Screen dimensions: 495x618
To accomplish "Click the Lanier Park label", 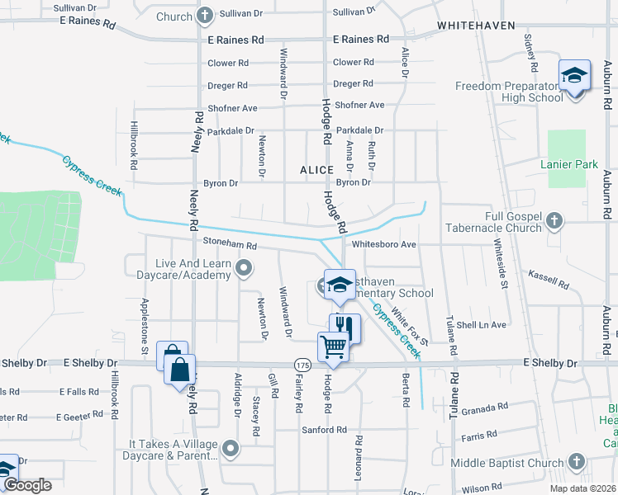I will (568, 164).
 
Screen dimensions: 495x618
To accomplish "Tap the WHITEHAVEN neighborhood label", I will (476, 26).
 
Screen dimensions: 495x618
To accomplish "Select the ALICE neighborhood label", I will (316, 169).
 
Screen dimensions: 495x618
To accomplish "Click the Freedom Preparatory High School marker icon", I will (574, 77).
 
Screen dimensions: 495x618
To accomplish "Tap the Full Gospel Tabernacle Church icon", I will (555, 220).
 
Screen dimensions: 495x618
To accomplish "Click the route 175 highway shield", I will (302, 364).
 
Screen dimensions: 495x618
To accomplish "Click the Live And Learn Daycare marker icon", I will (244, 267).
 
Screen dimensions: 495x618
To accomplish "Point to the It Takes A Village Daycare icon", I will (231, 449).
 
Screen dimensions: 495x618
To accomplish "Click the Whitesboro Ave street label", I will (384, 244).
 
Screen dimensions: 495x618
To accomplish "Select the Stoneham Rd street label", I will (231, 245).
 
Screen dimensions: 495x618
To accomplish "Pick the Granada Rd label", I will (485, 408).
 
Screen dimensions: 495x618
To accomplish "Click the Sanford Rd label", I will (325, 430).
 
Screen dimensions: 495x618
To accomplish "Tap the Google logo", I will (27, 485).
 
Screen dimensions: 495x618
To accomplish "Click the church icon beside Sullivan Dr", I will (204, 15).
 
